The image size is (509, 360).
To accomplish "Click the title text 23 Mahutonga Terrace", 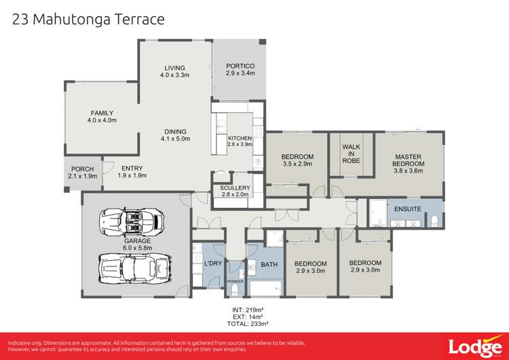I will (88, 18).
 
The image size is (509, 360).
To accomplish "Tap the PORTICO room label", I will (240, 69).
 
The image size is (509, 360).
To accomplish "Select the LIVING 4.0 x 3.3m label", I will (174, 71).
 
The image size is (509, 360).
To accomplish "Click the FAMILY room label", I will (102, 117).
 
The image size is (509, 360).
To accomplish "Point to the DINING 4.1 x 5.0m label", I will (174, 135).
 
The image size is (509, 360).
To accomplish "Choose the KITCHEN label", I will (240, 141).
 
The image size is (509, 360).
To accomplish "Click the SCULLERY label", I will (235, 191).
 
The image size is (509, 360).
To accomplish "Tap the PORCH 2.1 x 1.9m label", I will (83, 173).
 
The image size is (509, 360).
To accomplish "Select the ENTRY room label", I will (132, 173).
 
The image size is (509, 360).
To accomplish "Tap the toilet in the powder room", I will (235, 290).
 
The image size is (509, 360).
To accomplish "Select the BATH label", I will (269, 264).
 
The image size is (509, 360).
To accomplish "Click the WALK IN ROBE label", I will (351, 154).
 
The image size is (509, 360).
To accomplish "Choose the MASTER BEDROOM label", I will (409, 160).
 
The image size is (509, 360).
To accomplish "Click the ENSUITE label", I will (407, 209).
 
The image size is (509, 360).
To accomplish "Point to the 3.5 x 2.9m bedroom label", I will (297, 160).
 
